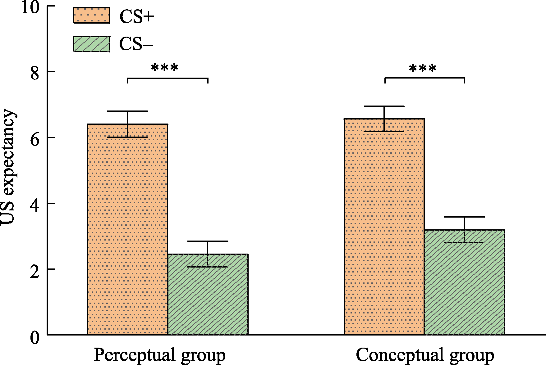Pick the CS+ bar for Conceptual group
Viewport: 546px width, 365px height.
click(384, 227)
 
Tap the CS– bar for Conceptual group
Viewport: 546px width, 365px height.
click(464, 282)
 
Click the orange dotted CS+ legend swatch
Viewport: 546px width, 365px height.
click(92, 16)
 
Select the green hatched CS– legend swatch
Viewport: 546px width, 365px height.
click(92, 44)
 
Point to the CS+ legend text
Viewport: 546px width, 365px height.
click(137, 17)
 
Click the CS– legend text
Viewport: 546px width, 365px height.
click(136, 44)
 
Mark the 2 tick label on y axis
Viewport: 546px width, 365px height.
click(34, 270)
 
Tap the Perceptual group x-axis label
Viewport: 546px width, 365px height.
click(159, 355)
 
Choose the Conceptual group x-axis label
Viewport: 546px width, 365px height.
click(425, 355)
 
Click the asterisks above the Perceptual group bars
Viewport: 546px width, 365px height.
click(164, 68)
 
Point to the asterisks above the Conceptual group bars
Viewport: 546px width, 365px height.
click(423, 68)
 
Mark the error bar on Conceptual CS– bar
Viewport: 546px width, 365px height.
click(464, 230)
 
